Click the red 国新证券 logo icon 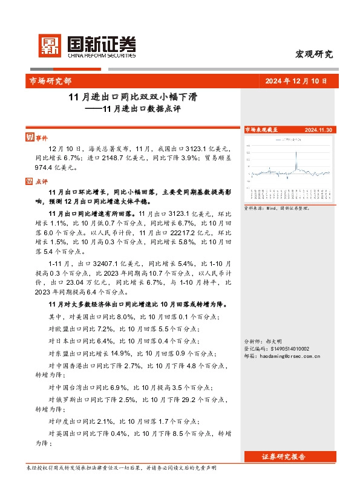[49, 45]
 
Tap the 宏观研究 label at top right [313, 54]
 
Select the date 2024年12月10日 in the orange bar [296, 80]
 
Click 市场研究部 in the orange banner [50, 80]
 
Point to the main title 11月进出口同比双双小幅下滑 [134, 97]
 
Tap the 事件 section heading [41, 137]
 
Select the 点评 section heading [41, 180]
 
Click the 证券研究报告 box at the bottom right [284, 456]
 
